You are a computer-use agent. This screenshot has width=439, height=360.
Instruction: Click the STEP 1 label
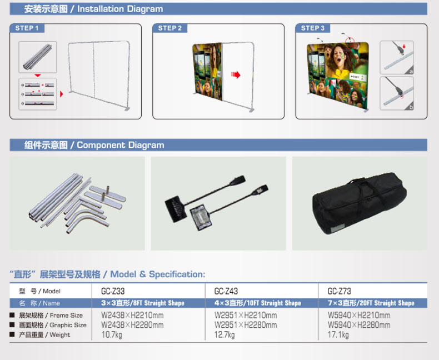click(x=27, y=28)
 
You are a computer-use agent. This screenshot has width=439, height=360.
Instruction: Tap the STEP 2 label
click(x=170, y=28)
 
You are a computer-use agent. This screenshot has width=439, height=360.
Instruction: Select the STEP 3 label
click(x=313, y=28)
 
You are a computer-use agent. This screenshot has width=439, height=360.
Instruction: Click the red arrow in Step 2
click(x=236, y=75)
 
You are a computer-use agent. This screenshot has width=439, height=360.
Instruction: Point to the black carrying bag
click(x=360, y=203)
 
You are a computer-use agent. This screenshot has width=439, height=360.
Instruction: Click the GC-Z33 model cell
click(x=113, y=291)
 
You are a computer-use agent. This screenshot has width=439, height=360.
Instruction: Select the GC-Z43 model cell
click(x=226, y=291)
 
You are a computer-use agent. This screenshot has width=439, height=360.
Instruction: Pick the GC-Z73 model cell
click(x=340, y=291)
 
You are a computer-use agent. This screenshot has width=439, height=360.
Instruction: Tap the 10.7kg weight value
click(x=112, y=335)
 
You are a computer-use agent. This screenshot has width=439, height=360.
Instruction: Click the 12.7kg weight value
click(x=225, y=335)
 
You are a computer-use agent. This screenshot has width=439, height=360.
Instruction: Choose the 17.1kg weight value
click(x=338, y=335)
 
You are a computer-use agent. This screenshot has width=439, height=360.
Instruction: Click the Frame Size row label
click(x=51, y=316)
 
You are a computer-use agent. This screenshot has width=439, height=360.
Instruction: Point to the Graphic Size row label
click(x=53, y=325)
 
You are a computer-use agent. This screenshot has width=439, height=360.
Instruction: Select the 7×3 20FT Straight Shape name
click(x=371, y=303)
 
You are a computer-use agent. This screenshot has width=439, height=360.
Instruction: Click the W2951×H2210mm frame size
click(x=246, y=315)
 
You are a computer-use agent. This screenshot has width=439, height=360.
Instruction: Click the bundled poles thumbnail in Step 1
click(x=38, y=57)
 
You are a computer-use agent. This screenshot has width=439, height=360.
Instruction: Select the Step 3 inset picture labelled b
click(x=397, y=93)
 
